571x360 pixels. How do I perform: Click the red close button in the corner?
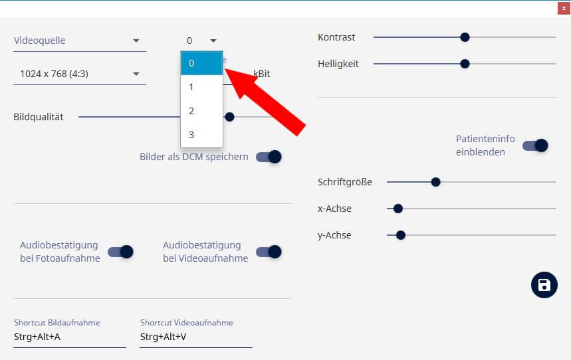point(562,9)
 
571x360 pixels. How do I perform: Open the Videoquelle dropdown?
point(79,41)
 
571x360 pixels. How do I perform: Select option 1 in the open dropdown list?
point(201,87)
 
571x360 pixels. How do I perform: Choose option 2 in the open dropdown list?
point(201,111)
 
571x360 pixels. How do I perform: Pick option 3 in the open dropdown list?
point(201,135)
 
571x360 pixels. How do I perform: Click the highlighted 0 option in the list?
point(201,63)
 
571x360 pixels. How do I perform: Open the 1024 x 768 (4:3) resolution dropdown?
point(79,74)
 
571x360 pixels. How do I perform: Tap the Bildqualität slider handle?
point(229,117)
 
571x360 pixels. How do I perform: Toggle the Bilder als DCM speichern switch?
point(269,157)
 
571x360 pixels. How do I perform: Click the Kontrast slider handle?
point(465,37)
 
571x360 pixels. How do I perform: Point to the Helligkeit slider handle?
point(465,64)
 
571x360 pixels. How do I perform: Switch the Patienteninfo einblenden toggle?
point(535,145)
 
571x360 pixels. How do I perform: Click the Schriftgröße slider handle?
point(435,182)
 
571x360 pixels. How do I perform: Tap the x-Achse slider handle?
point(398,209)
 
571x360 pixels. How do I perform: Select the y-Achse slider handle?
point(401,234)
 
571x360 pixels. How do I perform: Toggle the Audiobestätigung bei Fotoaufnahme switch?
point(121,252)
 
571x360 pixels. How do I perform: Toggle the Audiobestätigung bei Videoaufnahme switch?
point(269,252)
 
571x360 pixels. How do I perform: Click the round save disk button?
point(544,285)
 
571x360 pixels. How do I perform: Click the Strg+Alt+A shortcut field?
point(70,337)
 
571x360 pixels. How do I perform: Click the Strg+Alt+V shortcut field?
point(196,337)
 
